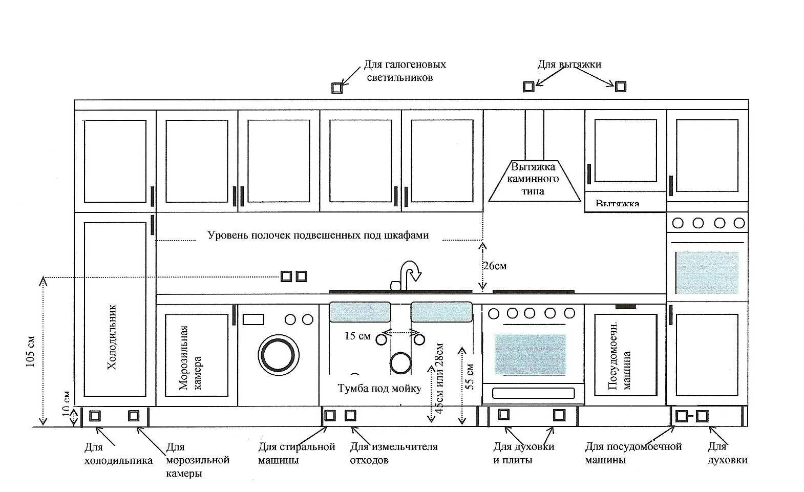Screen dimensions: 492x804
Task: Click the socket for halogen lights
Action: (x=336, y=88)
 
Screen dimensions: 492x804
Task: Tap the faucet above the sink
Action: (x=409, y=274)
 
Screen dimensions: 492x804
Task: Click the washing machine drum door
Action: (x=279, y=354)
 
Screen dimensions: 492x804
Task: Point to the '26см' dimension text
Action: (x=494, y=266)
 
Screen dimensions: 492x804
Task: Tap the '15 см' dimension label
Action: (x=357, y=336)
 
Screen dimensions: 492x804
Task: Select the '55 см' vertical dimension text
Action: (x=471, y=376)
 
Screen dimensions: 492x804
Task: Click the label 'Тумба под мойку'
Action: (x=379, y=389)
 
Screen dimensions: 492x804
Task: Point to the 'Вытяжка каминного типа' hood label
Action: (x=533, y=179)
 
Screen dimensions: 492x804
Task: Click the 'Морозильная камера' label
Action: (x=191, y=358)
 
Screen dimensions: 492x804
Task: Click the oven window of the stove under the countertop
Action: (x=530, y=354)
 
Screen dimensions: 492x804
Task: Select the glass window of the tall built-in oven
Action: (x=707, y=272)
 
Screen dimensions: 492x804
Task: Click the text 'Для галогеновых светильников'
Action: (x=405, y=71)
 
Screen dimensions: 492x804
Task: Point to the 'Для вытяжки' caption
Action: (x=569, y=65)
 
